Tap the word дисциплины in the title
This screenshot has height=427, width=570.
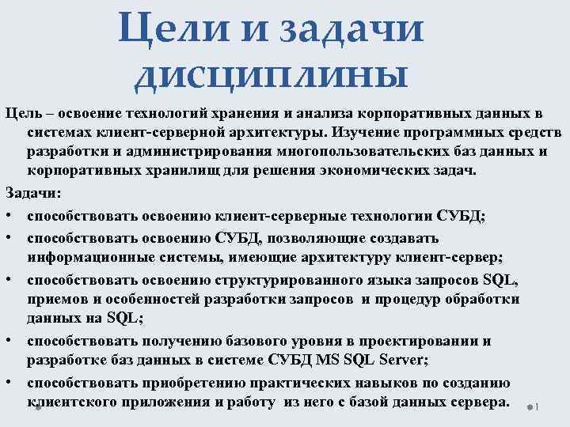click(272, 76)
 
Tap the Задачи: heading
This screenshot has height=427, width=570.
click(27, 192)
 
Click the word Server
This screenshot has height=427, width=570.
click(400, 360)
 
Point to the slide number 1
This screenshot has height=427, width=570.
click(536, 407)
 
